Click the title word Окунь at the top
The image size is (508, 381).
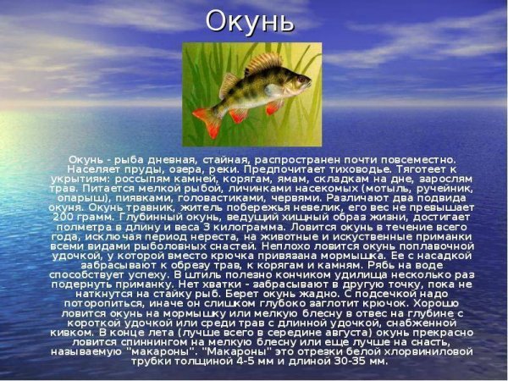point(252,19)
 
